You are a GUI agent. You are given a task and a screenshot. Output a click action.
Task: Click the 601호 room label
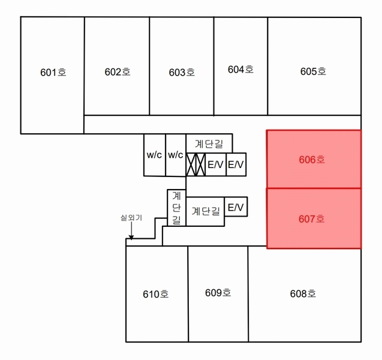coord(53,73)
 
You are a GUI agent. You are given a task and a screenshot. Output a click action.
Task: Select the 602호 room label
coord(118,72)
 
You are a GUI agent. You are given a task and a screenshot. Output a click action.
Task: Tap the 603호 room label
coord(182,73)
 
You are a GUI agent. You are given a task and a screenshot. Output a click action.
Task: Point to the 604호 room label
coord(240,70)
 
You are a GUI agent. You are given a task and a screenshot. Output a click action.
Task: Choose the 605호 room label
coord(313,71)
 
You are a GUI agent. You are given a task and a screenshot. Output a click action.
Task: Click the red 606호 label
coord(312,160)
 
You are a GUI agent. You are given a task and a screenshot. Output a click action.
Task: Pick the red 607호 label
coord(312,219)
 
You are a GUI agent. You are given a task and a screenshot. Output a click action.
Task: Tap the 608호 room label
coord(303,294)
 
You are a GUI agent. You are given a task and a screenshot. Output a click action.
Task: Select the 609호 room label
coord(218,293)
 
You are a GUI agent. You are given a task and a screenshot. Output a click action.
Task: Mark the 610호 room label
coord(156,294)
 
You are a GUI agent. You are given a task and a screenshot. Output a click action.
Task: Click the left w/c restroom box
coord(155,155)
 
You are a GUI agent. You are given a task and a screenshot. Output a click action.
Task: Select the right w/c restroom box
coord(176,155)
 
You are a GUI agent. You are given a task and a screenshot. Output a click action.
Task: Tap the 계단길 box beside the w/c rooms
coord(209,143)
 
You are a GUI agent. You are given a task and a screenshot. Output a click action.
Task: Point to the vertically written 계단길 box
coord(176,208)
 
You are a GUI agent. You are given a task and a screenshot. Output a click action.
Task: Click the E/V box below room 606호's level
coord(236,206)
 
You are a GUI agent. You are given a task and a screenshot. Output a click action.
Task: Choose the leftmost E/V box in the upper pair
coord(216,164)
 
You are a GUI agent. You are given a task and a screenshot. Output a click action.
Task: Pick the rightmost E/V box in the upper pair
coord(236,164)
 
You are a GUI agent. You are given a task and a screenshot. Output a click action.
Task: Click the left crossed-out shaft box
coord(191,164)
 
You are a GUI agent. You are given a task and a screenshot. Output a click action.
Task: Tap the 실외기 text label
coord(131,218)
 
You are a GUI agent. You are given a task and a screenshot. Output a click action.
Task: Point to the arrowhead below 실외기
coord(131,238)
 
